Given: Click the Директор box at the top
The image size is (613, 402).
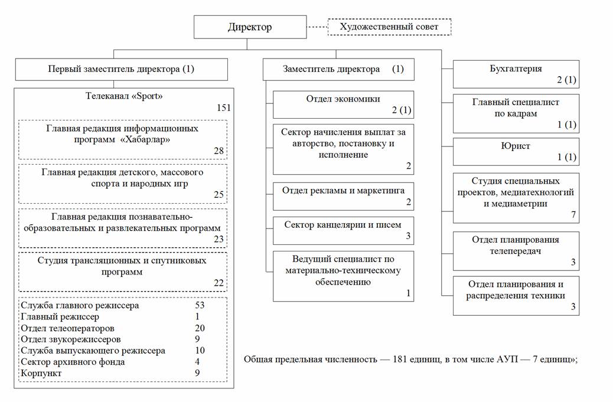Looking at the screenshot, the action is tap(250, 27).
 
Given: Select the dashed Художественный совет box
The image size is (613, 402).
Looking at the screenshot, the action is tap(389, 27).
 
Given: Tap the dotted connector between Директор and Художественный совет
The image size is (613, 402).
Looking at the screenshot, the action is tap(317, 27).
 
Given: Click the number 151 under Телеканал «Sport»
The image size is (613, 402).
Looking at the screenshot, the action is tap(224, 108).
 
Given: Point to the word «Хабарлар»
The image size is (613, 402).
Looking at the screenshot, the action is tap(145, 139).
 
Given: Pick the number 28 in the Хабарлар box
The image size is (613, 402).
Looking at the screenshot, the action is tap(219, 151).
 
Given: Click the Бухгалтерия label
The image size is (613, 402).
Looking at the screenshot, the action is tap(516, 68).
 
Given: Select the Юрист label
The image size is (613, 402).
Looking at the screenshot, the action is tap(516, 146).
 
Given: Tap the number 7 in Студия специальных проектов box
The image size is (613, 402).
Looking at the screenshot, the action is tap(573, 214).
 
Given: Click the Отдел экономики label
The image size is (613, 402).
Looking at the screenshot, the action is tap(343, 99).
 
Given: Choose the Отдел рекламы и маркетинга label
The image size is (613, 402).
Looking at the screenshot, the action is tap(343, 191).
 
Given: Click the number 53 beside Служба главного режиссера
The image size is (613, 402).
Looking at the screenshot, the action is tap(200, 305).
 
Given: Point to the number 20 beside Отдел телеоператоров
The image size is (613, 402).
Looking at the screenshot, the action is tap(200, 328).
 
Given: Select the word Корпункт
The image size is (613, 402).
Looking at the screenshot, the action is tap(41, 373).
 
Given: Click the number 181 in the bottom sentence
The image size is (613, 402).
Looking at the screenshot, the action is tap(400, 359).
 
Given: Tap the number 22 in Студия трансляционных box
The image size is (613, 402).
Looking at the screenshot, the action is tap(219, 283).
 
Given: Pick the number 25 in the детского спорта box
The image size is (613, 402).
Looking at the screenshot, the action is tap(219, 195).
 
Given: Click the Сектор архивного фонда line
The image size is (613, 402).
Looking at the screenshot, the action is tap(73, 362).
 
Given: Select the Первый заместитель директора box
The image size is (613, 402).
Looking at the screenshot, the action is tap(122, 70).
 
